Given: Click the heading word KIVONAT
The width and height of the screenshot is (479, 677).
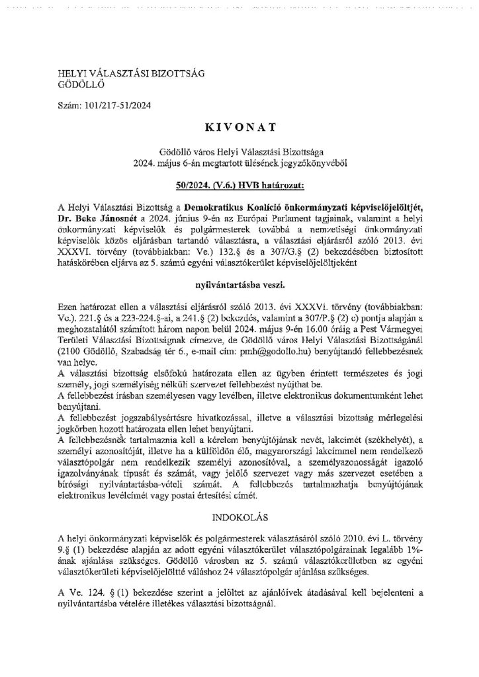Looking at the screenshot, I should point(239,124).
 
